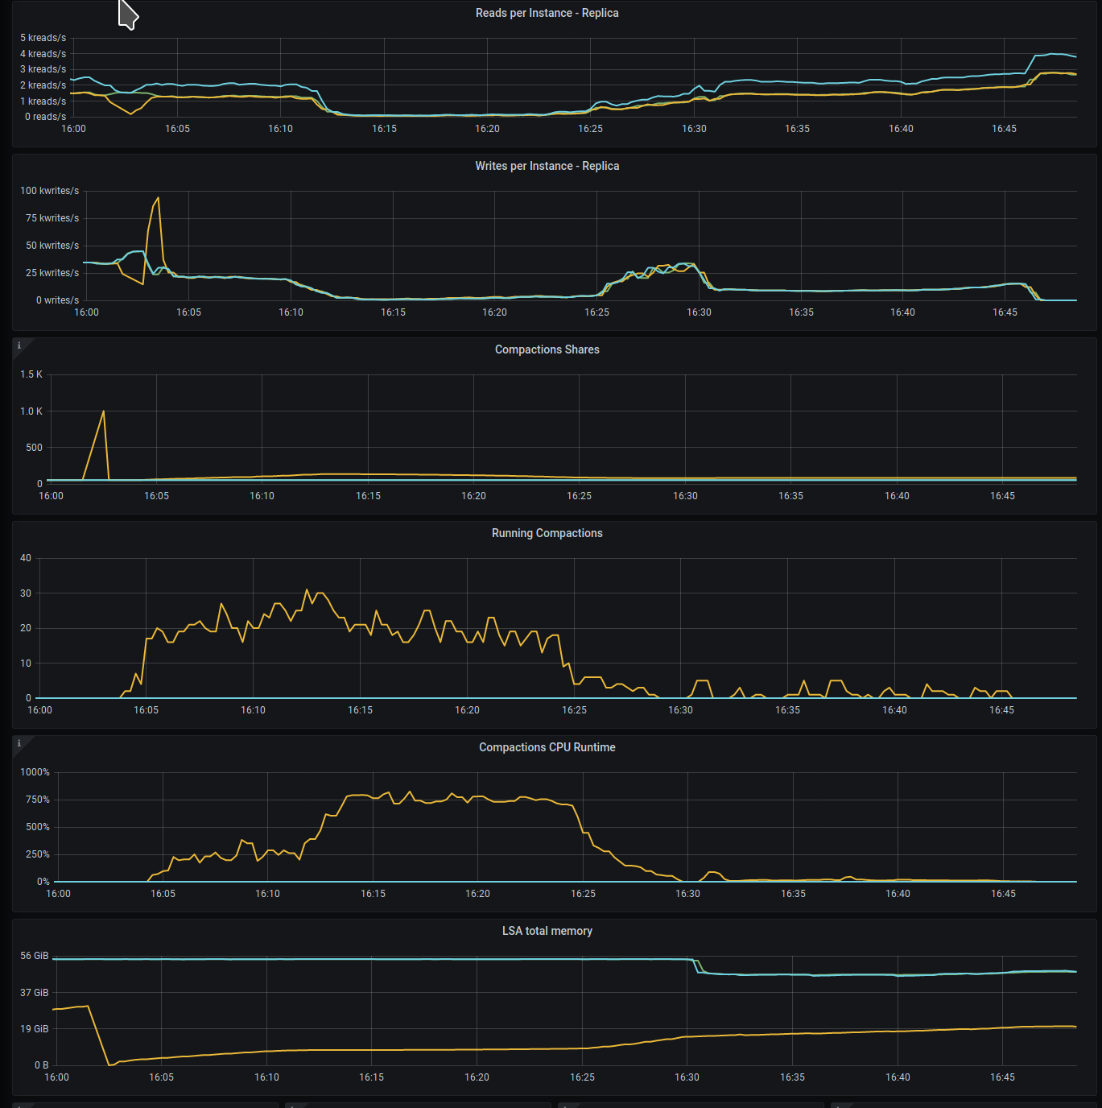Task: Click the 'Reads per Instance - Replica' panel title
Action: [547, 13]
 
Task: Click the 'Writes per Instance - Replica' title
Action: [547, 166]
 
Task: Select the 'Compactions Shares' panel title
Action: [547, 349]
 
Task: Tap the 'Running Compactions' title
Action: [547, 533]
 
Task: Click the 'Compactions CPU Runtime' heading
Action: [547, 747]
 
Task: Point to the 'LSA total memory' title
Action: [547, 931]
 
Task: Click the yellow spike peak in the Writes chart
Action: [158, 198]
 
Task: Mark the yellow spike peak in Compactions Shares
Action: [103, 411]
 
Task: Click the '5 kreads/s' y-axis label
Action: [43, 38]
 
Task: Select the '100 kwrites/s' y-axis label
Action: [50, 191]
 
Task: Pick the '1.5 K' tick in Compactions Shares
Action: [31, 374]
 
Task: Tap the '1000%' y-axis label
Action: [35, 772]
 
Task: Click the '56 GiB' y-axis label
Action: [35, 956]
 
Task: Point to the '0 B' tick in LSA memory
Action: [41, 1065]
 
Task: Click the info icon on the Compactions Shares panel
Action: [19, 346]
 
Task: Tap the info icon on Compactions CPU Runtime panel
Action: [19, 744]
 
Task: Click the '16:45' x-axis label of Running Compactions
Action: [1001, 710]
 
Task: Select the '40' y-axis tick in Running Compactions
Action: [26, 558]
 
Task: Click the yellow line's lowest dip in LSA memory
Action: [109, 1065]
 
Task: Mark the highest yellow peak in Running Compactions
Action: [307, 590]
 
